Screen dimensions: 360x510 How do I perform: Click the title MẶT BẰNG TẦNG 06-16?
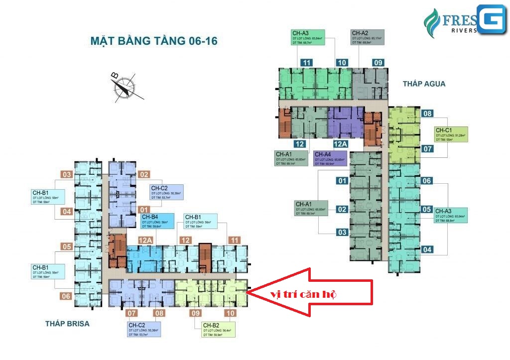pyautogui.click(x=154, y=40)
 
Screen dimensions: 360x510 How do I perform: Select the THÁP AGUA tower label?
pyautogui.click(x=424, y=84)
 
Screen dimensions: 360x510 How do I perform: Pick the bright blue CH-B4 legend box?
pyautogui.click(x=157, y=221)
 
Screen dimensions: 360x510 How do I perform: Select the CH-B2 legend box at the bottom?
pyautogui.click(x=217, y=329)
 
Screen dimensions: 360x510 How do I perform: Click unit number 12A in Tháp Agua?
pyautogui.click(x=340, y=144)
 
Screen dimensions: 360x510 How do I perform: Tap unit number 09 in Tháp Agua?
pyautogui.click(x=378, y=63)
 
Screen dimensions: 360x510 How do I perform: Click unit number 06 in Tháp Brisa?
pyautogui.click(x=66, y=296)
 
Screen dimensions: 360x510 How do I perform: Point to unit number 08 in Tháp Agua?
pyautogui.click(x=427, y=114)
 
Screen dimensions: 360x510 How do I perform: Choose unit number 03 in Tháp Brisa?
pyautogui.click(x=67, y=174)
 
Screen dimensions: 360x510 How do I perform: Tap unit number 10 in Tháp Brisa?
pyautogui.click(x=230, y=313)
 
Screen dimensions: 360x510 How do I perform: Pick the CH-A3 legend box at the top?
pyautogui.click(x=307, y=38)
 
